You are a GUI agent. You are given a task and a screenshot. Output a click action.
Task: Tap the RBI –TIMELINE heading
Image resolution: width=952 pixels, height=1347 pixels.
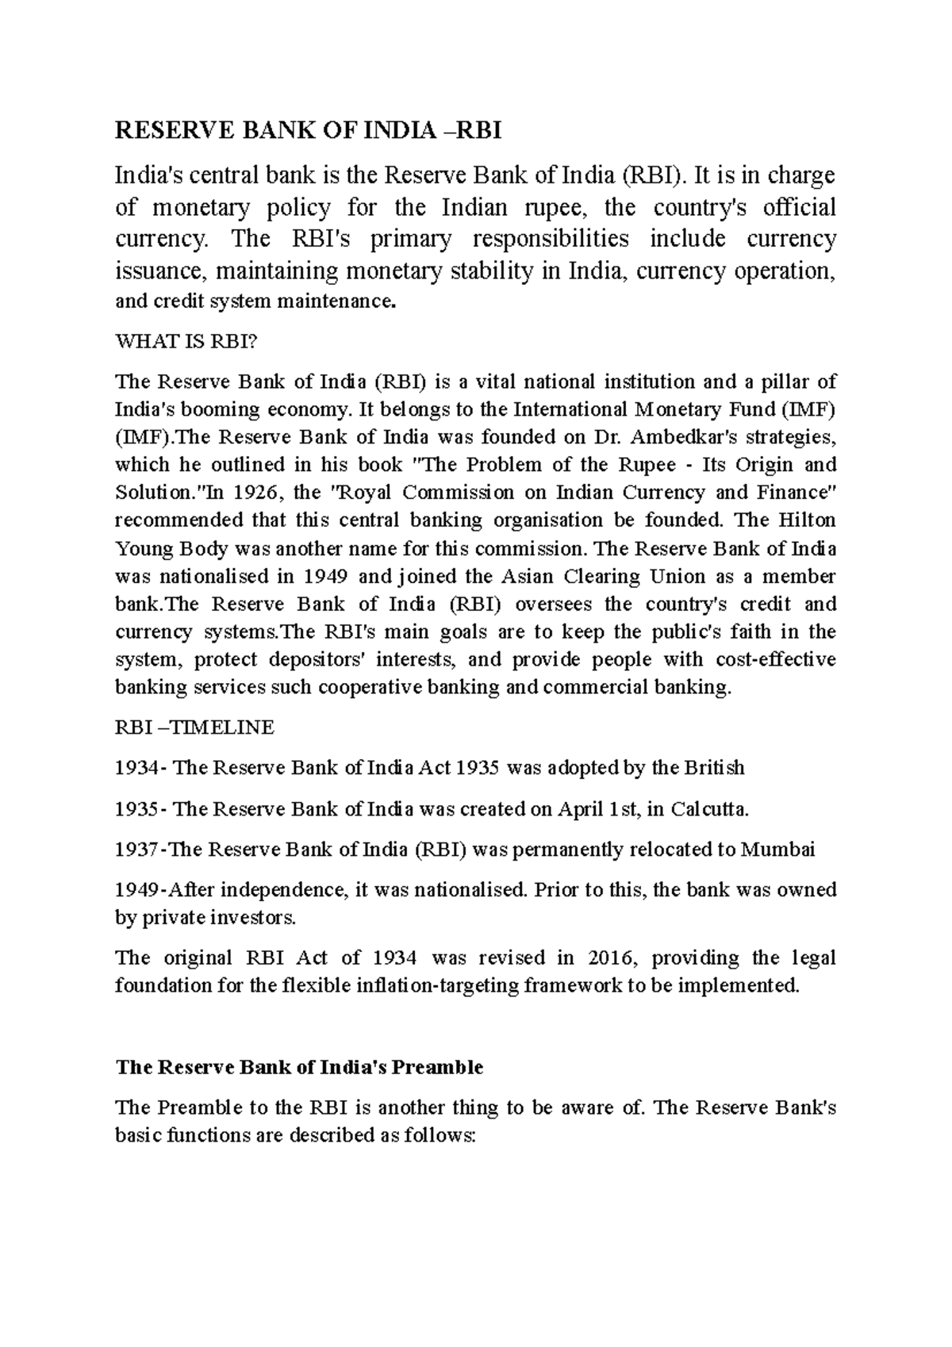(x=194, y=727)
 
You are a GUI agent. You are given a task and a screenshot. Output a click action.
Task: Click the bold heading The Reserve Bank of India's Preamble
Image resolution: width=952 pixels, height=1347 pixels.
(x=299, y=1067)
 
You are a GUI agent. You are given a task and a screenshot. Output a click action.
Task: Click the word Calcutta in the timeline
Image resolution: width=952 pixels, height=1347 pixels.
(x=708, y=809)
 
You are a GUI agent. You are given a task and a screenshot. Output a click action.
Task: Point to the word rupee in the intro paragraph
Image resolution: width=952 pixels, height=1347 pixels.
(x=555, y=208)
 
